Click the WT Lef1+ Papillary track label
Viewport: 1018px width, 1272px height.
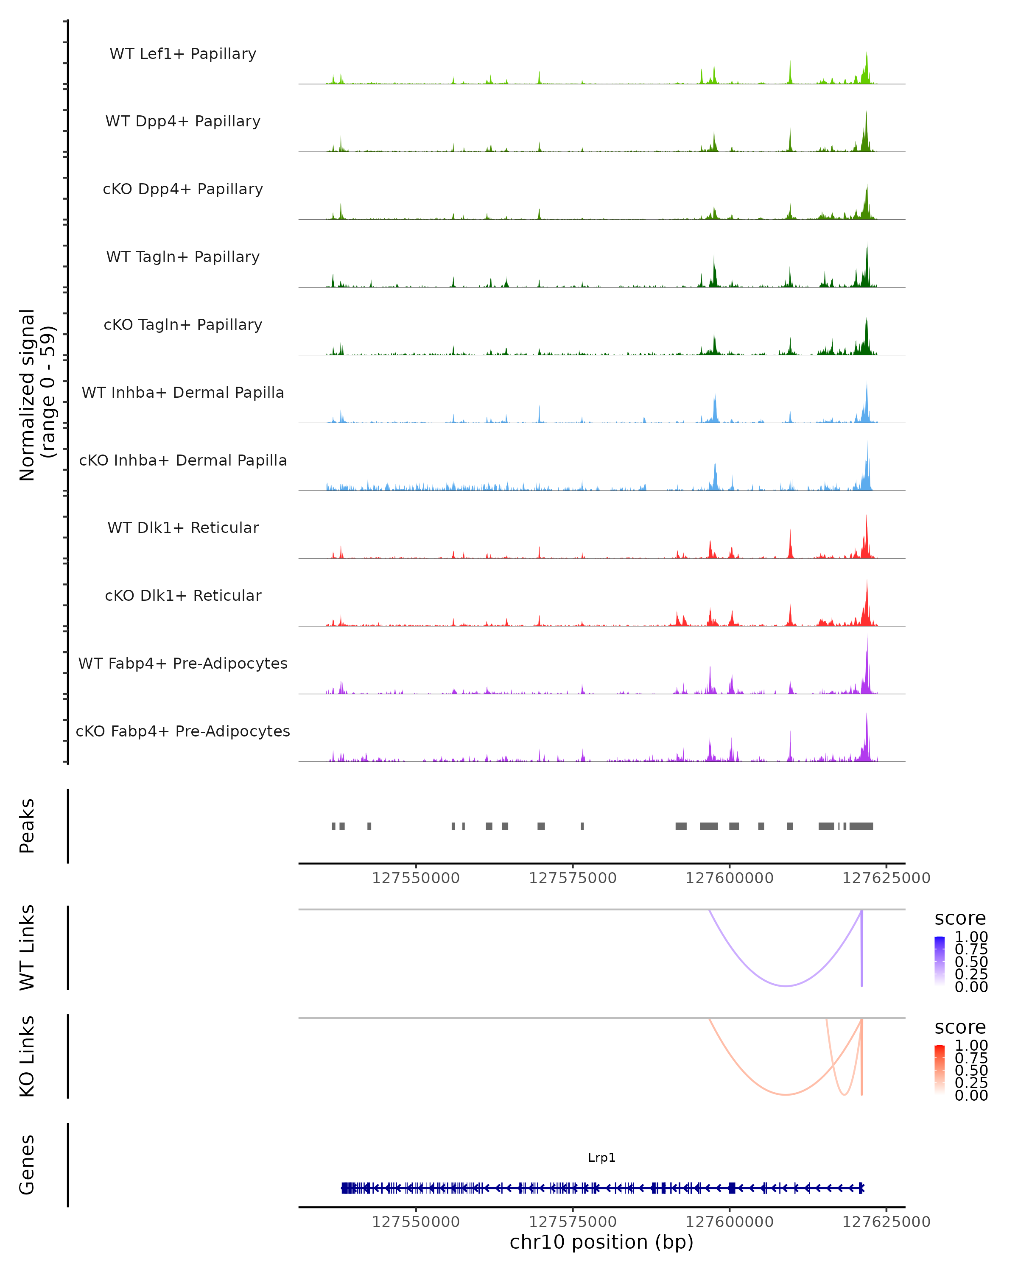tap(183, 54)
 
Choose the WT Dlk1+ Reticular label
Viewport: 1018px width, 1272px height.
tap(183, 527)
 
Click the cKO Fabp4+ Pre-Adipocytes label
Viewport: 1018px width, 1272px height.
tap(183, 731)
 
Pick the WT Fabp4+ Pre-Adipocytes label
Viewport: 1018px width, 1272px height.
tap(183, 663)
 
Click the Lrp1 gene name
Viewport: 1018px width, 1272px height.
tap(601, 1158)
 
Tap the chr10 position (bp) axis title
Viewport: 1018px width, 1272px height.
tap(601, 1242)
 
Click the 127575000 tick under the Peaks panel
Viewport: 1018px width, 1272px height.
tap(573, 878)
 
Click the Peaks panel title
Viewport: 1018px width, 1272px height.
tap(27, 826)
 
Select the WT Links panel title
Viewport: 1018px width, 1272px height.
tap(27, 947)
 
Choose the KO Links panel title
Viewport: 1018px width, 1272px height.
tap(27, 1056)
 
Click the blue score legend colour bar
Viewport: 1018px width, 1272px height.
tap(940, 961)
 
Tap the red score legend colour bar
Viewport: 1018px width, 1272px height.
tap(940, 1070)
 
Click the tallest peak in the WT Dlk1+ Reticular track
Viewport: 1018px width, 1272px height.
tap(866, 517)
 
